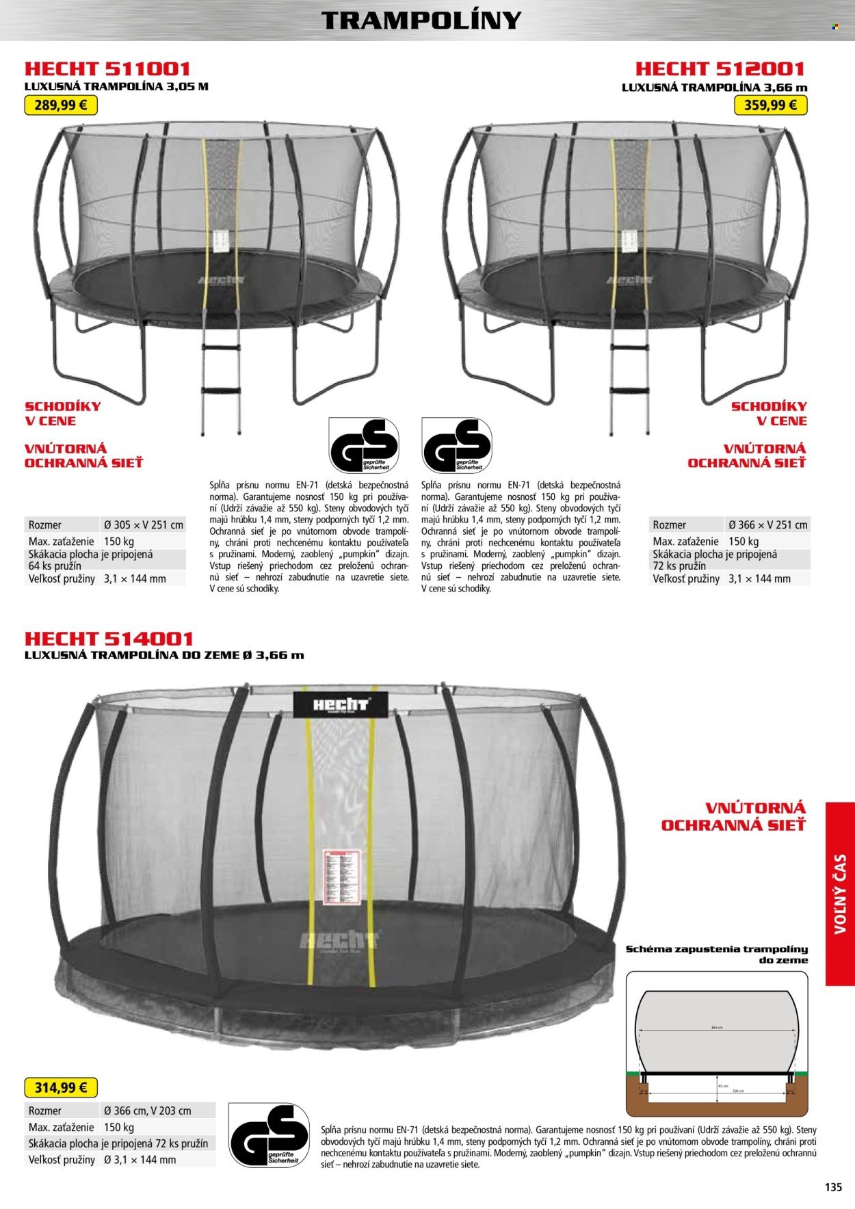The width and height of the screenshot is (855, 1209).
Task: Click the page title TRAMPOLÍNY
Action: tap(421, 21)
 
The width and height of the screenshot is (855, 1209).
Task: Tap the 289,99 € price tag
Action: tap(61, 105)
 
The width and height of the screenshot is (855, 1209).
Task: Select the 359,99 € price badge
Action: tap(770, 105)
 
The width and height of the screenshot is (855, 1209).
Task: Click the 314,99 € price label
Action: tap(61, 1087)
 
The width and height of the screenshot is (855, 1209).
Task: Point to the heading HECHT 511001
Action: tap(107, 69)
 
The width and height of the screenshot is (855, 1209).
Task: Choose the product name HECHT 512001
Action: tap(720, 69)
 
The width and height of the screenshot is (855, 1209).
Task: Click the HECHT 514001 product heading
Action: tap(109, 639)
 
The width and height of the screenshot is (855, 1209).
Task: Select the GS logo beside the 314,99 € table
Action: tap(268, 1136)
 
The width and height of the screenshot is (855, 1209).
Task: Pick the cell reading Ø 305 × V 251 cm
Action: tap(144, 525)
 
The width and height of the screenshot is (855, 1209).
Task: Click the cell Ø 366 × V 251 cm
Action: tap(767, 525)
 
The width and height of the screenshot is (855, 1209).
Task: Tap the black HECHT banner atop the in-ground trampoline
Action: tap(341, 704)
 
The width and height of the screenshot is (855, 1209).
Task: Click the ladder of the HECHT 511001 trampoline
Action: tap(220, 383)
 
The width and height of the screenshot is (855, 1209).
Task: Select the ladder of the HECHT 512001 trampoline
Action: tap(630, 383)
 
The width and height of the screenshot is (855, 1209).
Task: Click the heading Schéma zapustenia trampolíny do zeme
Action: tap(716, 954)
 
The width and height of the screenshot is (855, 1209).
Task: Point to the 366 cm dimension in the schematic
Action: tap(716, 1027)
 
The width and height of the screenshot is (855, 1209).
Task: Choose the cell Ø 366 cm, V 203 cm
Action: tap(147, 1111)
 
